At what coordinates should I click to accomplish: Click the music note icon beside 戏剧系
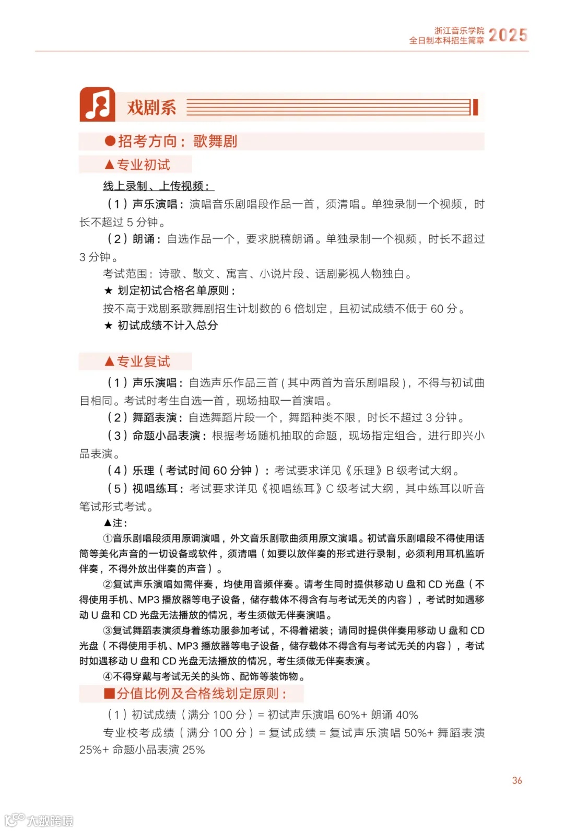coord(98,104)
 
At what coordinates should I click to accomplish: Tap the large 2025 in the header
coord(508,35)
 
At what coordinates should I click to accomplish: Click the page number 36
coord(516,780)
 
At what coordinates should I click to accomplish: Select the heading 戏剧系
coord(151,108)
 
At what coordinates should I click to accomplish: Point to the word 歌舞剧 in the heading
coord(215,141)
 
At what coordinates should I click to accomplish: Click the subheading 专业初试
coord(143,165)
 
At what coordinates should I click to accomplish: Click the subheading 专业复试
coord(143,361)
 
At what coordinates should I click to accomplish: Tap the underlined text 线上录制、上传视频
coord(158,186)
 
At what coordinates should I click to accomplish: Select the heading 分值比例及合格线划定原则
coord(201,694)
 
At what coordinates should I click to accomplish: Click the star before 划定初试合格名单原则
coord(108,291)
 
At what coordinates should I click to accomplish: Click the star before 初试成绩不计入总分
coord(108,325)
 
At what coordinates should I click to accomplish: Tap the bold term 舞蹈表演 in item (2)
coord(155,417)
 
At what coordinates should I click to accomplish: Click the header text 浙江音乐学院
coord(459,31)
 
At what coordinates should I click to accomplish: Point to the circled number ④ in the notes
coord(108,676)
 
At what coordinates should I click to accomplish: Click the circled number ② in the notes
coord(108,584)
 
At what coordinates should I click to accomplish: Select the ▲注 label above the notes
coord(115,523)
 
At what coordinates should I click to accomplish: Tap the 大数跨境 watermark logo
coord(40,820)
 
